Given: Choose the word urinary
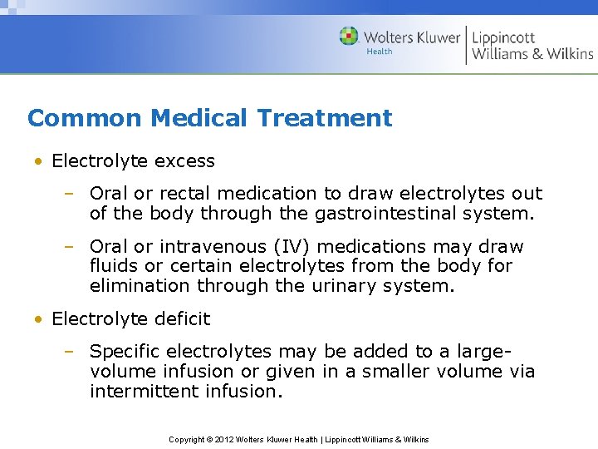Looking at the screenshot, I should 364,286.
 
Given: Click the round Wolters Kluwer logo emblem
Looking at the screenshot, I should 349,37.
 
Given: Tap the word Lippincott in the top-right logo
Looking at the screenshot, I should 504,37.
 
